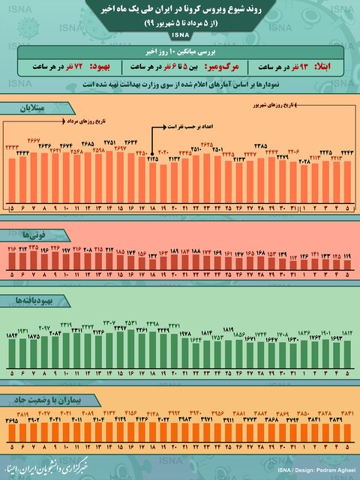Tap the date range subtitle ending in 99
point(180,25)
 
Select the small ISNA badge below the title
point(180,35)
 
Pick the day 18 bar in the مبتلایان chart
point(152,180)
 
